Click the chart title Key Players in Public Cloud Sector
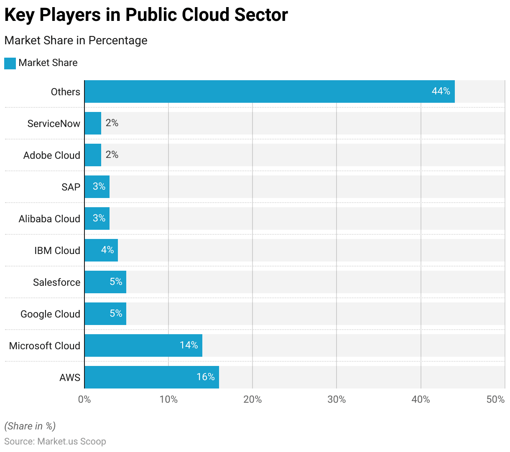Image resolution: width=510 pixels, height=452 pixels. pos(146,15)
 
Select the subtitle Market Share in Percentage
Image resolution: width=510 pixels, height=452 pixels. pos(76,41)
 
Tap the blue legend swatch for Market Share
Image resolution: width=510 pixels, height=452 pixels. pos(10,63)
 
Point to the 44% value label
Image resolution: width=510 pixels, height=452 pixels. pos(441,91)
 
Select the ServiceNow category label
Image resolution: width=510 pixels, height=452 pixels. pos(54,124)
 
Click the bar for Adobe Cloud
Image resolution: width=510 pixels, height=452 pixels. pos(93,155)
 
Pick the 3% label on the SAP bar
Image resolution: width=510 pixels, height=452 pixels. pos(99,186)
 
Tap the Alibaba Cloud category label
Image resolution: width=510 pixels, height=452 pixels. pos(49,219)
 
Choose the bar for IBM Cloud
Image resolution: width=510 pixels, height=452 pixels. pos(101,250)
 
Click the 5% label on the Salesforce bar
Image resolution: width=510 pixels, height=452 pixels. pos(116,282)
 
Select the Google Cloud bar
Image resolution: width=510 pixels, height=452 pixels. pos(105,314)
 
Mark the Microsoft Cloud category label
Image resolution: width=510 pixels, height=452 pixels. pos(45,346)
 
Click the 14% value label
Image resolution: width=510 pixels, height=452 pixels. pos(189,345)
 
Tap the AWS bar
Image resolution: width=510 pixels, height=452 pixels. pos(151,377)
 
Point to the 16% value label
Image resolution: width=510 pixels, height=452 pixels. pos(205,377)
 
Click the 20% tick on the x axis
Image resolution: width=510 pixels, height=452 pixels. pos(252,399)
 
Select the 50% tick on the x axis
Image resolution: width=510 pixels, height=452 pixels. pos(495,399)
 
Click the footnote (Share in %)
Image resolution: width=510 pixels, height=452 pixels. pos(30,426)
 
